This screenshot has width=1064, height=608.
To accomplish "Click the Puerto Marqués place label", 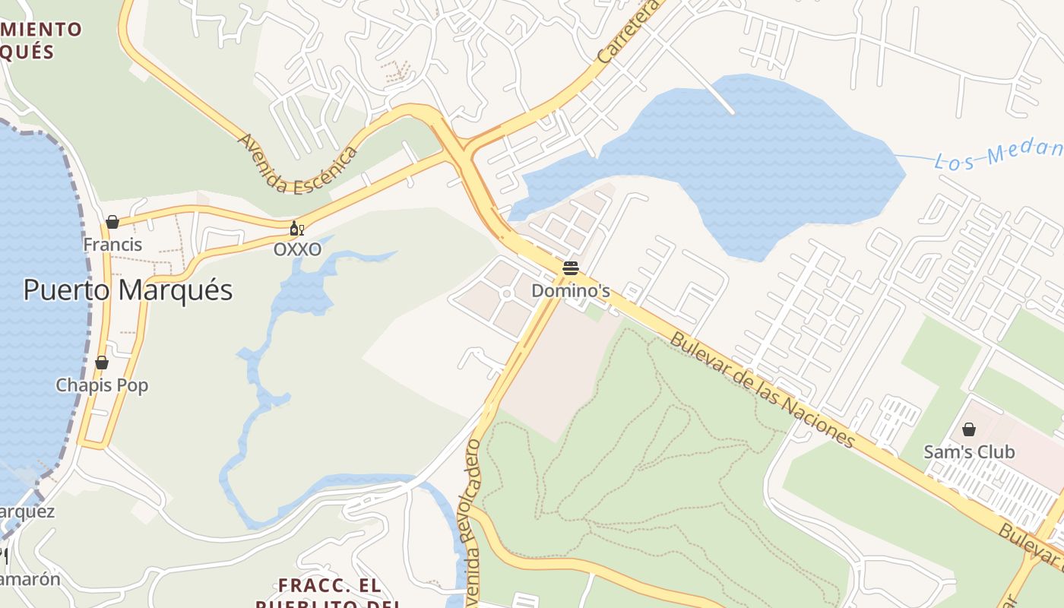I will [128, 290].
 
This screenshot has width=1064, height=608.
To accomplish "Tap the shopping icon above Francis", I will [112, 222].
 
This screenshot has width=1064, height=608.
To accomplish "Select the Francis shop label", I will [112, 245].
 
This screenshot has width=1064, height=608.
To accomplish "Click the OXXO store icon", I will [296, 229].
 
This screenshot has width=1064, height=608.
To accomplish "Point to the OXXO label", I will [297, 249].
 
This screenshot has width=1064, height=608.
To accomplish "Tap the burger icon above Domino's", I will [571, 268].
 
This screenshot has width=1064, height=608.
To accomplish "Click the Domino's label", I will [571, 291].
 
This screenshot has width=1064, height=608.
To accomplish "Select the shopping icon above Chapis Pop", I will [102, 363].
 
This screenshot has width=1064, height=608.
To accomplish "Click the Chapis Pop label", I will [102, 385].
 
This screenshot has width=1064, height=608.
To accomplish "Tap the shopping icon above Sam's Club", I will [969, 429].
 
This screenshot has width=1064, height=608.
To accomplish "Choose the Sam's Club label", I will [969, 452].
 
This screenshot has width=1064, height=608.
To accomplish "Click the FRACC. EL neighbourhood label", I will [329, 586].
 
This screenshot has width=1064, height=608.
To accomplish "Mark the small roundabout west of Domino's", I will [506, 294].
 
